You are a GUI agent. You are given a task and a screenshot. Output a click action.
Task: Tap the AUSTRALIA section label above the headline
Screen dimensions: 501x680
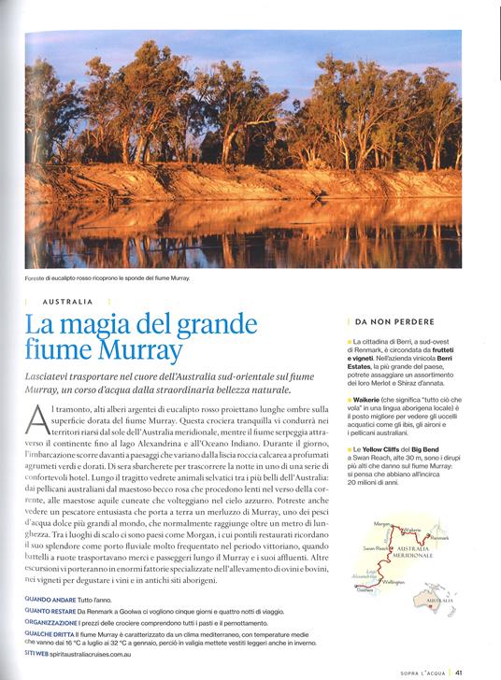[69, 303]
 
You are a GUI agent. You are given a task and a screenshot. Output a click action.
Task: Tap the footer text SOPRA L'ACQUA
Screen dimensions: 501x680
[419, 669]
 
